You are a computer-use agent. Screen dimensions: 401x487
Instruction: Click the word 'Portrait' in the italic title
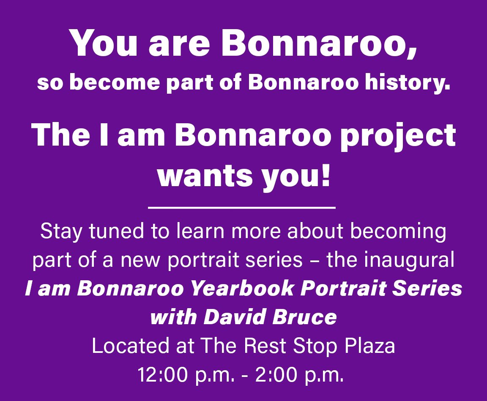click(344, 289)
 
